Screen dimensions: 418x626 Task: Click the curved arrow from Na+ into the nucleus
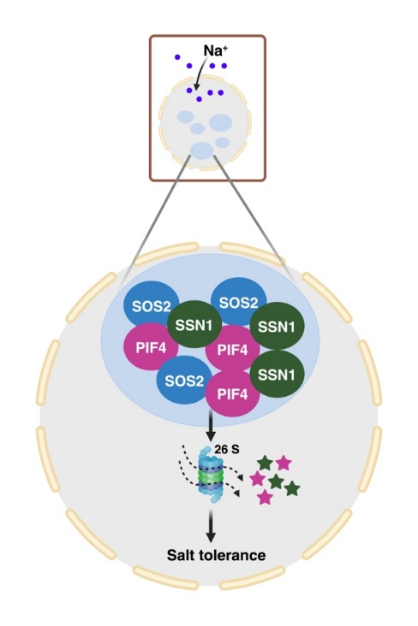point(200,73)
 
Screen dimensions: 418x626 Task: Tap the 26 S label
point(227,449)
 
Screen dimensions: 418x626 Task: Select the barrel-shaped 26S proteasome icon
point(212,475)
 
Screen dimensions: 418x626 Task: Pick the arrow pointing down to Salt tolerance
point(211,524)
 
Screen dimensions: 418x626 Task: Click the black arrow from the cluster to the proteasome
point(211,428)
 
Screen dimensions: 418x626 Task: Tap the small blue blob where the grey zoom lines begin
point(201,151)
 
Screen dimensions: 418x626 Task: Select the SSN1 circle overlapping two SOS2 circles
point(194,325)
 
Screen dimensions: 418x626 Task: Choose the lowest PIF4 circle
point(233,393)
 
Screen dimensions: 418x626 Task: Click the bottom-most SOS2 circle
point(184,381)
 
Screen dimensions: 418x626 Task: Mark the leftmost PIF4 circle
point(152,347)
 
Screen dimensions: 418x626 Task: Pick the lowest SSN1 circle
point(277,374)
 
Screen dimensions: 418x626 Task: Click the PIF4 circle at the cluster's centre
point(232,349)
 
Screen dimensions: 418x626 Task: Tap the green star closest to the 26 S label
point(266,464)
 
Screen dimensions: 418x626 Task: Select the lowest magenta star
point(265,498)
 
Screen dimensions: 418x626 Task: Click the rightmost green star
point(291,488)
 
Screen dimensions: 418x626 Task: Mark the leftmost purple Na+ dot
point(177,57)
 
